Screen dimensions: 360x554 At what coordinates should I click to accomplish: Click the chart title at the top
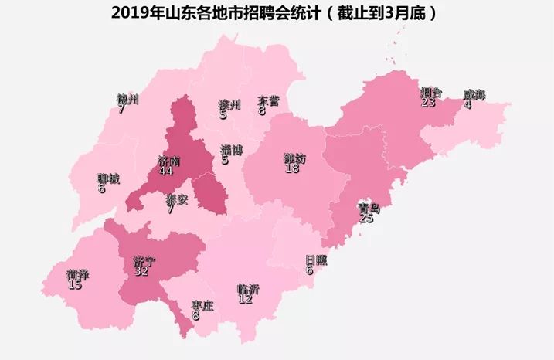click(277, 13)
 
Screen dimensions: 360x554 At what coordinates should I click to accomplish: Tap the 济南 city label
click(168, 161)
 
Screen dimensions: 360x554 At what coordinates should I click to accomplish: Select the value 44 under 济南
click(165, 172)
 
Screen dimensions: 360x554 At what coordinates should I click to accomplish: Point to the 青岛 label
click(369, 209)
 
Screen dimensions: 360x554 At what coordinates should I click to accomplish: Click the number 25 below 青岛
click(366, 219)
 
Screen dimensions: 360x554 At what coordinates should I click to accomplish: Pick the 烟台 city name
click(430, 92)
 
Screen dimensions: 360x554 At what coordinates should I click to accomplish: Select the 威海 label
click(474, 95)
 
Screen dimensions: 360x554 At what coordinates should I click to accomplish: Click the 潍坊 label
click(294, 158)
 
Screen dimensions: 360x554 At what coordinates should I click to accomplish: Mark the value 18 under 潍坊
click(292, 168)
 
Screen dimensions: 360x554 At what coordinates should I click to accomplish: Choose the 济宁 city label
click(144, 261)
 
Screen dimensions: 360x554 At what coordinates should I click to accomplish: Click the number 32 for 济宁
click(141, 271)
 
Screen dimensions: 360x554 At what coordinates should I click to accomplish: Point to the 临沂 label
click(248, 289)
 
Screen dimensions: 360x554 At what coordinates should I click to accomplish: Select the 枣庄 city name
click(202, 305)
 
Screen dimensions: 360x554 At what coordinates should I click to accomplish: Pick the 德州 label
click(127, 100)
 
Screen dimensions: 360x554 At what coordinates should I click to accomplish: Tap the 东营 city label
click(268, 100)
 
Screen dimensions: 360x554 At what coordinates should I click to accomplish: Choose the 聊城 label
click(108, 178)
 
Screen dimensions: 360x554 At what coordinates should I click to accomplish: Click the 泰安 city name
click(176, 199)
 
